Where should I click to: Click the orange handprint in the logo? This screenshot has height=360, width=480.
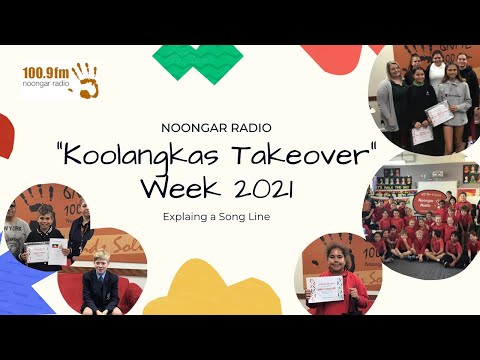click(x=85, y=81)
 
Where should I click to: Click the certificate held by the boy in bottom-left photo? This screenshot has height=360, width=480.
click(x=37, y=253)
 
